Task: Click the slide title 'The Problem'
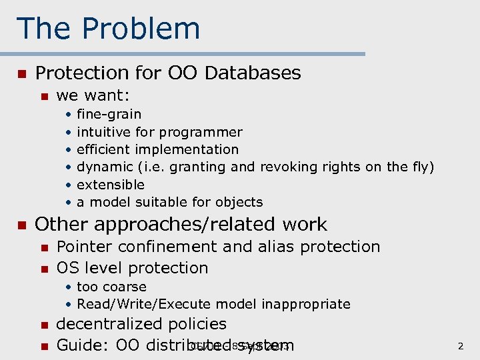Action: (x=108, y=29)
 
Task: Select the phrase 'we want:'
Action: (x=93, y=97)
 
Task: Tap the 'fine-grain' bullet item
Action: (x=109, y=115)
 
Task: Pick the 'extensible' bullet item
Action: (x=111, y=185)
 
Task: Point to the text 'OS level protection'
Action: (x=133, y=268)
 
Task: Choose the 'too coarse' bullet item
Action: (x=111, y=287)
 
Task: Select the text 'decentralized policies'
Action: (x=141, y=324)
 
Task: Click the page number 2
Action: (x=461, y=346)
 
